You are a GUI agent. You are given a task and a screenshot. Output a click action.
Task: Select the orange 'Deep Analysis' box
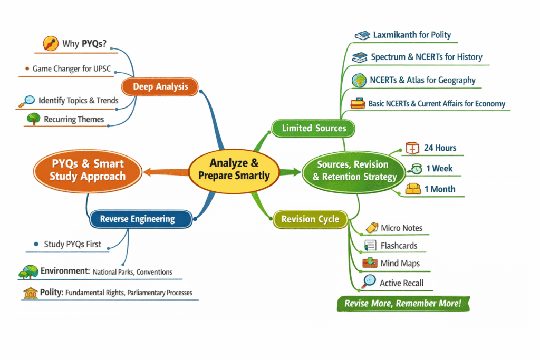tap(160, 87)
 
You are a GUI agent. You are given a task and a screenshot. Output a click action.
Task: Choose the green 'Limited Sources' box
tap(313, 128)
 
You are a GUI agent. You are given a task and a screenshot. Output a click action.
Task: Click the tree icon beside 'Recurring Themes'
tap(33, 120)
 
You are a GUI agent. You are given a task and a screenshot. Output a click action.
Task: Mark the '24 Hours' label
tap(440, 148)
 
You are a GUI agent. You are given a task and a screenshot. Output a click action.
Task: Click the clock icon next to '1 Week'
tap(417, 169)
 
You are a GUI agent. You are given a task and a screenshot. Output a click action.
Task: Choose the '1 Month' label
tap(439, 189)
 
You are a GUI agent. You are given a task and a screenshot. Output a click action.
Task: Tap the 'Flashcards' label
tap(399, 246)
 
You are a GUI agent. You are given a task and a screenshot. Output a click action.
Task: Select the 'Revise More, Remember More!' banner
tap(402, 304)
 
